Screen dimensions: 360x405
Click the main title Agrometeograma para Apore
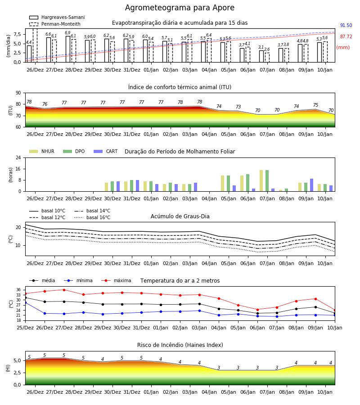(180, 8)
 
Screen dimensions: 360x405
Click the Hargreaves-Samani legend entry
(57, 17)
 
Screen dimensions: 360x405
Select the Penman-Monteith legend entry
(55, 24)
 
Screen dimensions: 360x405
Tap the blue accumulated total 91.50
(346, 25)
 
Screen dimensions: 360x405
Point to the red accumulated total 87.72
(346, 37)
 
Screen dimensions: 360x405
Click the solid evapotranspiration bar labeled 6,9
(68, 49)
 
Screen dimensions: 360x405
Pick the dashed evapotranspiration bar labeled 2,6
(267, 57)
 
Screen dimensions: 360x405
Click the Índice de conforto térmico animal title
(180, 87)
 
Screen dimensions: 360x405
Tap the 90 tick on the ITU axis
(18, 93)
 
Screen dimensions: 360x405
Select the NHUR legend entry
(42, 151)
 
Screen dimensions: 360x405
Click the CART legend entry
(106, 151)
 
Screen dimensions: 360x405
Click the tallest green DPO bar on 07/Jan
(267, 181)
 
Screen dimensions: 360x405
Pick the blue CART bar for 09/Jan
(312, 185)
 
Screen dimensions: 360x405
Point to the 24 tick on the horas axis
(18, 157)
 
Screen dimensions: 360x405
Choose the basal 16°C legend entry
(92, 217)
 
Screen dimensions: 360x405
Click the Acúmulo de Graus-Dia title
(180, 216)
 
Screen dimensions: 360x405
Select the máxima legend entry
(116, 280)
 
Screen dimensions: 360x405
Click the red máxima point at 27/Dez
(64, 290)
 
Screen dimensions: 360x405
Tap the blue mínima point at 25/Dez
(25, 302)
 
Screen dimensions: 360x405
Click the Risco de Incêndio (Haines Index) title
(180, 345)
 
